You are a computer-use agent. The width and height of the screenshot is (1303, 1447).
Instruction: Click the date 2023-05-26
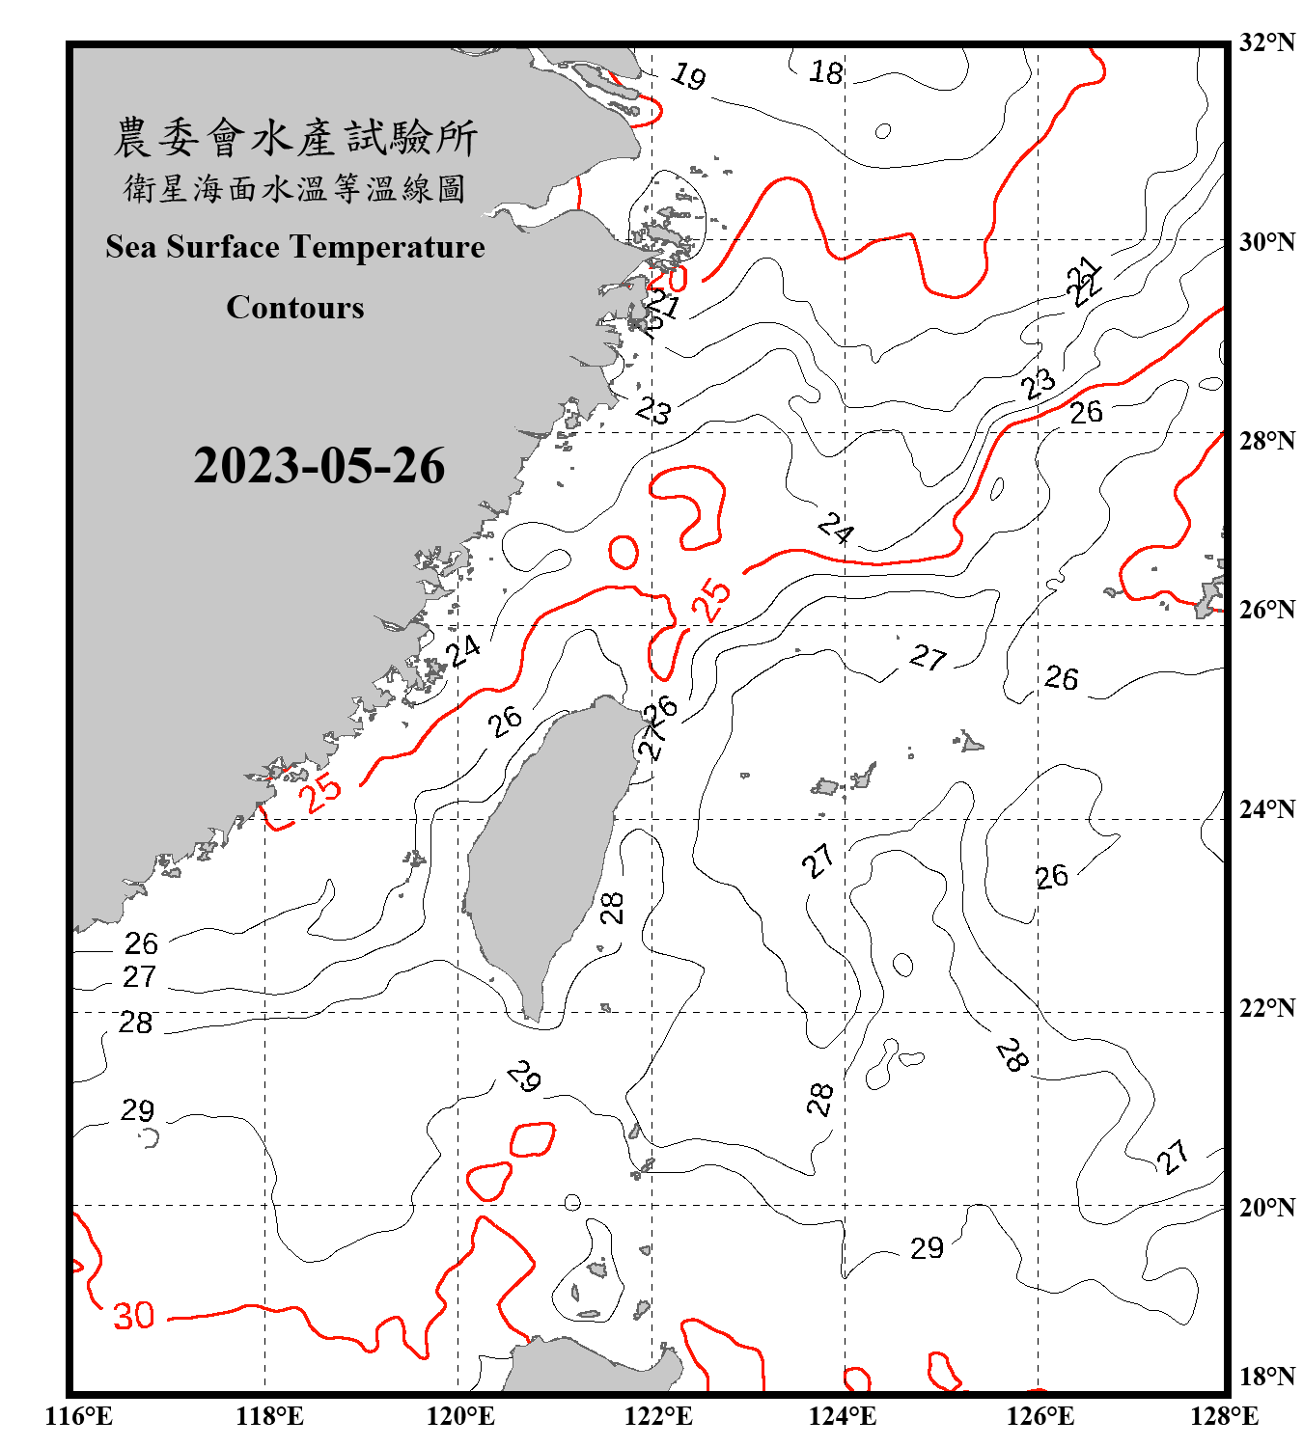(x=319, y=466)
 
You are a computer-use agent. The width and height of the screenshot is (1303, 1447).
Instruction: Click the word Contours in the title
(x=295, y=308)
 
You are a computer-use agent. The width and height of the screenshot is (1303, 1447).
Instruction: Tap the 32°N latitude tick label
(x=1266, y=42)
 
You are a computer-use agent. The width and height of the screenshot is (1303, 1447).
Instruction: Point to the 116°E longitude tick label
(x=78, y=1416)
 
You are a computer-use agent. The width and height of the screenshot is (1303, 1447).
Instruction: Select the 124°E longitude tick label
(x=843, y=1416)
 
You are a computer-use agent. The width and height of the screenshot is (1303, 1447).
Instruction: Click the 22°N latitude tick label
(x=1266, y=1008)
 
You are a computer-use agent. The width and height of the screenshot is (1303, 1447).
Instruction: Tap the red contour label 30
(x=134, y=1316)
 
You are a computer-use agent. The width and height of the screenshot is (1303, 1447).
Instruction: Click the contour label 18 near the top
(x=826, y=72)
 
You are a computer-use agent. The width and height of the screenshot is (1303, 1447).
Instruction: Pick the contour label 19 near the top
(x=688, y=75)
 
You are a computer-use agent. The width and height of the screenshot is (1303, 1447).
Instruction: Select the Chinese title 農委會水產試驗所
(x=295, y=138)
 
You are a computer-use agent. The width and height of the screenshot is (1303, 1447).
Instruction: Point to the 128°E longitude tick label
(x=1224, y=1416)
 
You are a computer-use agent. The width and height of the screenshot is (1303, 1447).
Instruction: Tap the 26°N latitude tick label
(x=1266, y=610)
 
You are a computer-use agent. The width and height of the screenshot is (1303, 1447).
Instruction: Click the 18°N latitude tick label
(x=1266, y=1377)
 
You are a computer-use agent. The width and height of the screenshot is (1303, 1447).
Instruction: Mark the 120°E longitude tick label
(x=460, y=1416)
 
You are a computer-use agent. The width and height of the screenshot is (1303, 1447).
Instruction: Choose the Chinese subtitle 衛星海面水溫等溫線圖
(x=295, y=189)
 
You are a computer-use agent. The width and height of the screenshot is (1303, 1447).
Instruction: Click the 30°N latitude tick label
(x=1266, y=242)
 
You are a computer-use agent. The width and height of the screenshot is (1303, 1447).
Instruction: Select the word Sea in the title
(x=131, y=247)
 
